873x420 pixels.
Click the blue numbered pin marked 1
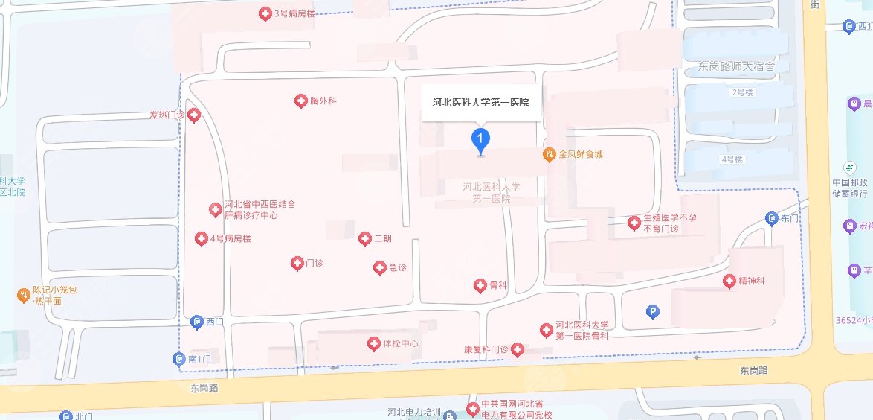[481, 139]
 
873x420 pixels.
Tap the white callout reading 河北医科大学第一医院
[480, 103]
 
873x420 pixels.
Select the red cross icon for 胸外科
[301, 101]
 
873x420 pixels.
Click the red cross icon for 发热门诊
[194, 115]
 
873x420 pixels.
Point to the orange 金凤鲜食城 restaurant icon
[549, 155]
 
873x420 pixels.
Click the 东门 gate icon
[771, 219]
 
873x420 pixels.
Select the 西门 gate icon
[197, 322]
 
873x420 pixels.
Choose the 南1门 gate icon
[179, 360]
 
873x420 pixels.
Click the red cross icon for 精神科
[729, 281]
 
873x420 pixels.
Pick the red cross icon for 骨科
[480, 285]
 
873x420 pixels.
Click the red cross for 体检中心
[373, 344]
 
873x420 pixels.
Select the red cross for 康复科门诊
[516, 349]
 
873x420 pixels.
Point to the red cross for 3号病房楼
[264, 13]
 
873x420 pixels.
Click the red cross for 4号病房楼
[201, 239]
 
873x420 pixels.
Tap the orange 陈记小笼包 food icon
[24, 296]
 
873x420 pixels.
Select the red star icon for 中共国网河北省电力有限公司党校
[471, 408]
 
